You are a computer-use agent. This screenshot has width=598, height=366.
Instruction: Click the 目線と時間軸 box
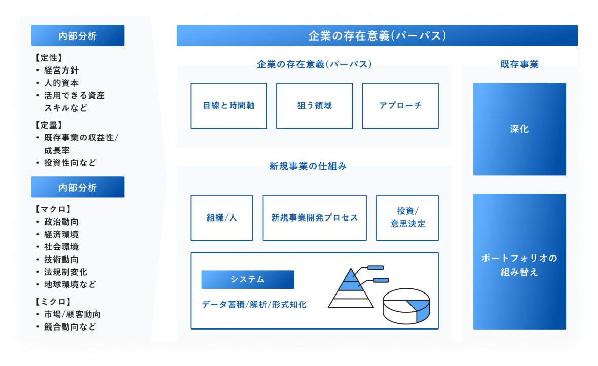pyautogui.click(x=229, y=106)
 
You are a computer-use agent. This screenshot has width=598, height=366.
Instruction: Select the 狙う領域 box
pyautogui.click(x=314, y=106)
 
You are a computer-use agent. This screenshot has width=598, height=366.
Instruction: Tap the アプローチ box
pyautogui.click(x=400, y=106)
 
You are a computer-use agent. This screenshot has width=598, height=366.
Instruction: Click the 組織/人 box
pyautogui.click(x=221, y=218)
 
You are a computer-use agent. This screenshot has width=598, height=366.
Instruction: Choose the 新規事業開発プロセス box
pyautogui.click(x=314, y=218)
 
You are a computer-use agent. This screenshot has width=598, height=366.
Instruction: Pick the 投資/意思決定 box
pyautogui.click(x=407, y=218)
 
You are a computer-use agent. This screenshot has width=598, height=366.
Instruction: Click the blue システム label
pyautogui.click(x=247, y=279)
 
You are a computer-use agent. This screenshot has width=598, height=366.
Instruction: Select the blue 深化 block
pyautogui.click(x=519, y=129)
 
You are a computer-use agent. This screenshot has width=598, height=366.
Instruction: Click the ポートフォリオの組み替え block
pyautogui.click(x=519, y=265)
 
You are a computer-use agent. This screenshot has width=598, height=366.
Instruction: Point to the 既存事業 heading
pyautogui.click(x=519, y=64)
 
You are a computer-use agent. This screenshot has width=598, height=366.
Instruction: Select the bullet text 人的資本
pyautogui.click(x=61, y=83)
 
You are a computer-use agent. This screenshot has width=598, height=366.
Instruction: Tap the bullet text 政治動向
pyautogui.click(x=61, y=222)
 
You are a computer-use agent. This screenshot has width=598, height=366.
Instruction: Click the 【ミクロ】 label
pyautogui.click(x=53, y=302)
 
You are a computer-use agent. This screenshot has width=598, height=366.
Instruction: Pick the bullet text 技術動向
pyautogui.click(x=61, y=260)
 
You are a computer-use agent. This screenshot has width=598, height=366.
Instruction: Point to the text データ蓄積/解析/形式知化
pyautogui.click(x=254, y=305)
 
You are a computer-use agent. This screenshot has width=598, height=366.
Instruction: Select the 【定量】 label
pyautogui.click(x=49, y=125)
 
